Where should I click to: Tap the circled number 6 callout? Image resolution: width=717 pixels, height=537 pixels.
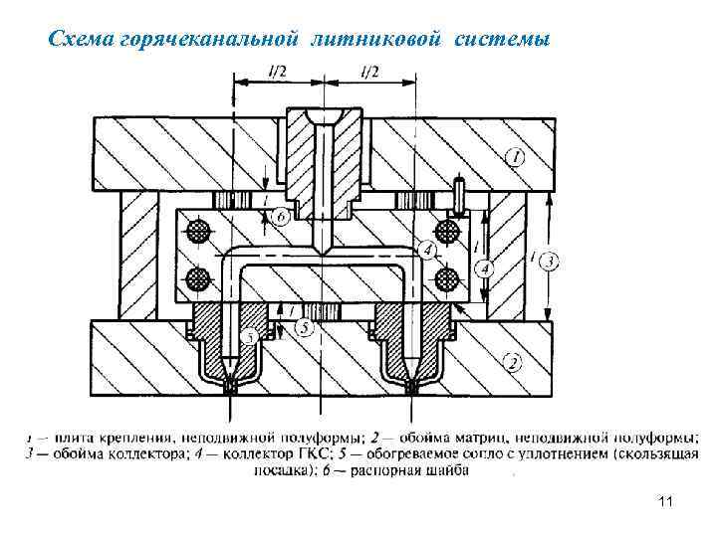coord(280,216)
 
